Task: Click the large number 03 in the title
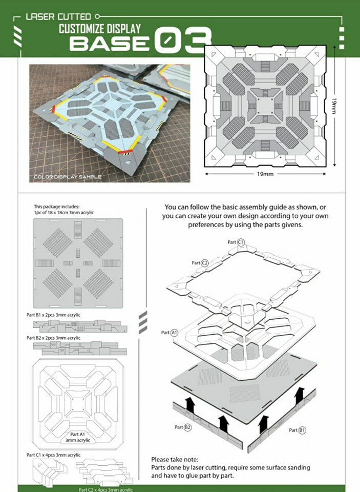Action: (x=184, y=39)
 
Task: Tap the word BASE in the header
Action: (x=110, y=43)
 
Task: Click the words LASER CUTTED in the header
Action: (x=58, y=16)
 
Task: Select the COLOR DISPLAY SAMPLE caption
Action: (x=68, y=177)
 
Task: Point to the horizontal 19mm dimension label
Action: (x=265, y=174)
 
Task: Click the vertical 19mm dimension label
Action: (x=334, y=107)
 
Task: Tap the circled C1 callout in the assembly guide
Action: (x=241, y=242)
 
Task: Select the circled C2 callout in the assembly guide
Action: (x=204, y=262)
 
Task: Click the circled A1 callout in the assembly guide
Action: (x=174, y=333)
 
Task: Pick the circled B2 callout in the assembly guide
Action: (x=187, y=427)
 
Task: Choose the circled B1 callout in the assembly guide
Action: (x=302, y=430)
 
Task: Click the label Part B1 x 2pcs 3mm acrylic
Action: (x=53, y=315)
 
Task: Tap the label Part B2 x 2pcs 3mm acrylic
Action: (x=53, y=338)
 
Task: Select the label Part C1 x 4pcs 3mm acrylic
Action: (x=53, y=455)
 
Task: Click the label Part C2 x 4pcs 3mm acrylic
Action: (x=105, y=489)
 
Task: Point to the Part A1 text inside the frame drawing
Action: (x=77, y=434)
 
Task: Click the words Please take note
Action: (x=175, y=460)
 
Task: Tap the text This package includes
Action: (x=57, y=207)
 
